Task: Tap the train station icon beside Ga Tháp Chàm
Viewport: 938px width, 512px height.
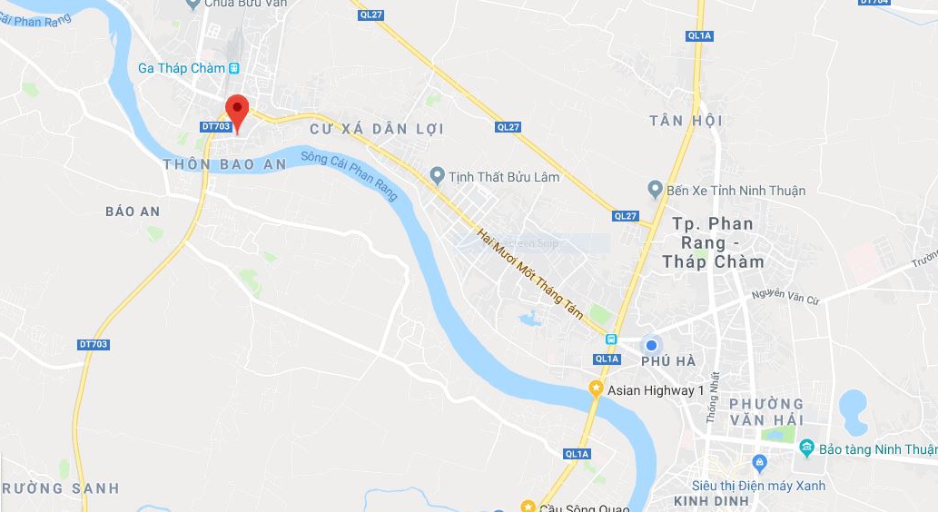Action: (x=234, y=68)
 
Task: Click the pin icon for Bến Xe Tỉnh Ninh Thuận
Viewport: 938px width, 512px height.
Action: (x=655, y=190)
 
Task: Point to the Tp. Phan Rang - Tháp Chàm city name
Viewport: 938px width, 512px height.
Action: (x=713, y=242)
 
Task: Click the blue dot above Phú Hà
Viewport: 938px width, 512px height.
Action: (x=651, y=345)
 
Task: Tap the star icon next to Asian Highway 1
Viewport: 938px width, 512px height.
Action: (x=596, y=389)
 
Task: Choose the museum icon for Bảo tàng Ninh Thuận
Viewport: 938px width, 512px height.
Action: (x=806, y=448)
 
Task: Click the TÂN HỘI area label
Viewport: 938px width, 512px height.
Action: (x=686, y=121)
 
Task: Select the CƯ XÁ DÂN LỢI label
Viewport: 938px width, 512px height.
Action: (x=377, y=129)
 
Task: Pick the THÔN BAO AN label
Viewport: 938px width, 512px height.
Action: (x=224, y=164)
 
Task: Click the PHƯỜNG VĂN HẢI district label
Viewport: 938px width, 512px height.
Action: (x=766, y=411)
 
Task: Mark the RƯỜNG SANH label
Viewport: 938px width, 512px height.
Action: (x=59, y=488)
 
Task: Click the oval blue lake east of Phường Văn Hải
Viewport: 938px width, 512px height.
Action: (x=854, y=412)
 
